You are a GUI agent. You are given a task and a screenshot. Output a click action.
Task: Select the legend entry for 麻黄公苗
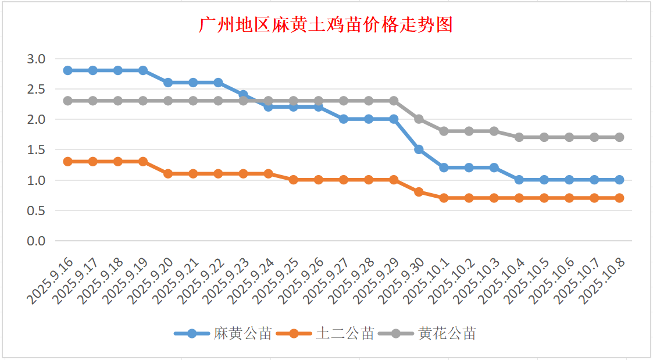pos(242,334)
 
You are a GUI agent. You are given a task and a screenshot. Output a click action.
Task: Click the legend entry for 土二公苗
pos(345,334)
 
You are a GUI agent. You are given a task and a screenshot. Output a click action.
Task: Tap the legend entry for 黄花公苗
pos(447,334)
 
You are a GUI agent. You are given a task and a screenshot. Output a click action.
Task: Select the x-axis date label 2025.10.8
pos(606,281)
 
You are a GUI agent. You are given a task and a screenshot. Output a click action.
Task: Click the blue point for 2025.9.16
pos(67,70)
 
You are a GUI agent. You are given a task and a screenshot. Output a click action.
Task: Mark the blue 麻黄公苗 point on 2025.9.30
pos(419,149)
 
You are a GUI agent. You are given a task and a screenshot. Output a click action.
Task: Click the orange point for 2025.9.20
pos(168,173)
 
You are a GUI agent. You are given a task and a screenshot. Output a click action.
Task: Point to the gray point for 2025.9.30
pos(419,119)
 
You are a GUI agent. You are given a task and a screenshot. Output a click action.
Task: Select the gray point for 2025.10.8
pos(619,137)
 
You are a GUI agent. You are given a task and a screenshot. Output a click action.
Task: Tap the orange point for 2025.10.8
pos(619,198)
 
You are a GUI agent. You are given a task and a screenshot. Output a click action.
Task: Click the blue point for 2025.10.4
pos(519,180)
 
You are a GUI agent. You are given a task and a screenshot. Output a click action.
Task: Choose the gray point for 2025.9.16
pos(67,101)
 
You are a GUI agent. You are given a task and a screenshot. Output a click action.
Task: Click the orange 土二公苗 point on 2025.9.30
pos(419,192)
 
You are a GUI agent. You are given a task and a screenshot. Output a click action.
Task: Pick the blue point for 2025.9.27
pos(344,119)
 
